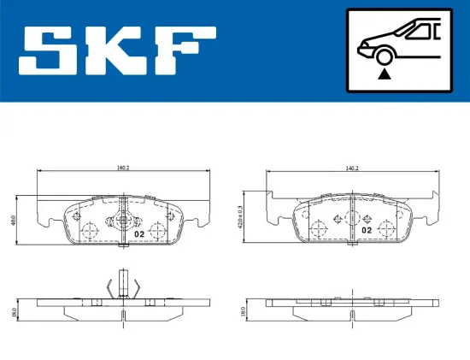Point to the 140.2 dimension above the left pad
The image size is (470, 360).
125,168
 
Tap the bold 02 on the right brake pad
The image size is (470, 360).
366,230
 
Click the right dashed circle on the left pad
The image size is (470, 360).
157,229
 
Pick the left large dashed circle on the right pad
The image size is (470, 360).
318,228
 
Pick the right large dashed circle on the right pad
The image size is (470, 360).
386,228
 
